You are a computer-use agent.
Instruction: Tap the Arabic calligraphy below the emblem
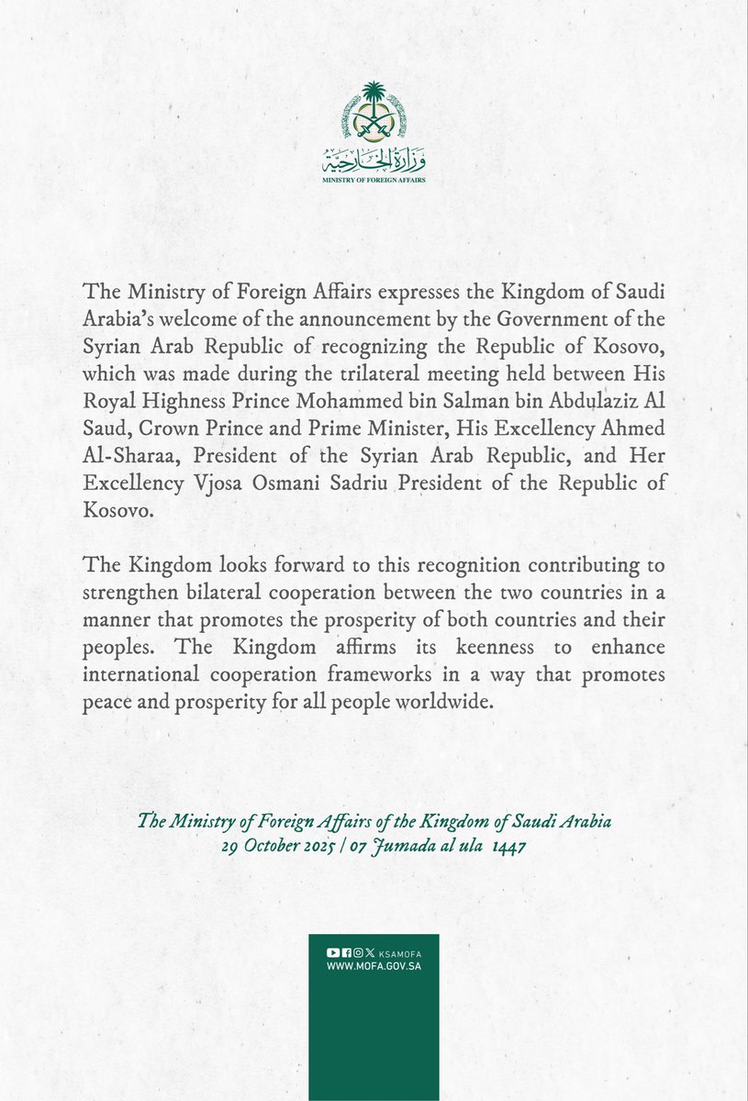coord(374,163)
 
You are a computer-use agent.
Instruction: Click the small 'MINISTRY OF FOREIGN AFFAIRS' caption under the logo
coord(374,181)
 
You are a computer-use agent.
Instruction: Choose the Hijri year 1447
coord(508,847)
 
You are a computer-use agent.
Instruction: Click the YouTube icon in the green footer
coord(332,954)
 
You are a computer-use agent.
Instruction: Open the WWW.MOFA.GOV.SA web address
coord(374,967)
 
